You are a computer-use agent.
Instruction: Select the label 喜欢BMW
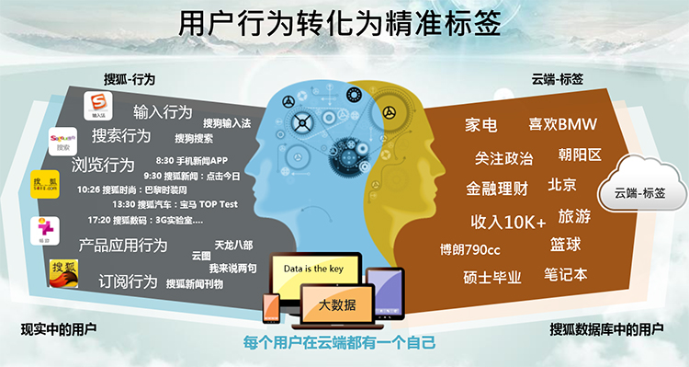pyautogui.click(x=563, y=124)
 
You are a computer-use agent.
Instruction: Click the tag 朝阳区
pyautogui.click(x=580, y=155)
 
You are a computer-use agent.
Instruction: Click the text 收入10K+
pyautogui.click(x=508, y=221)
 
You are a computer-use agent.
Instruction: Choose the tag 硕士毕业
pyautogui.click(x=491, y=277)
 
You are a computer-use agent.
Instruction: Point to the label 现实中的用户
pyautogui.click(x=59, y=328)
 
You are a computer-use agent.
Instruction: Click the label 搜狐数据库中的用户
pyautogui.click(x=606, y=328)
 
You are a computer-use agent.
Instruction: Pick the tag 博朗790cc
pyautogui.click(x=469, y=249)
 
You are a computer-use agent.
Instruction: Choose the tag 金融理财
pyautogui.click(x=496, y=189)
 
